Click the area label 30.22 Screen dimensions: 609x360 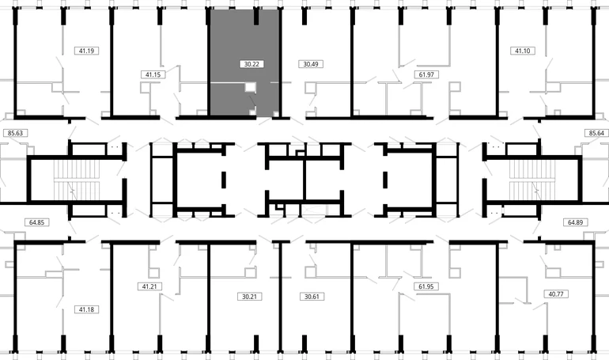coord(252,64)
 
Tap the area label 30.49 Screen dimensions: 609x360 coord(311,64)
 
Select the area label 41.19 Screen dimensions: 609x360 coord(86,51)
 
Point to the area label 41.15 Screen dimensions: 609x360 coord(153,74)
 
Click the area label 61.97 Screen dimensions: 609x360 coord(426,74)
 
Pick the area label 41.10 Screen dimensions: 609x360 coord(522,51)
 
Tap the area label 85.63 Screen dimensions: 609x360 coord(15,133)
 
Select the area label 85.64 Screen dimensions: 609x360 coord(596,133)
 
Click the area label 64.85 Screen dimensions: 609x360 coord(36,222)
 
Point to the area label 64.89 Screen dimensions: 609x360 coord(575,222)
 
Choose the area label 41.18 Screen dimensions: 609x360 coord(86,309)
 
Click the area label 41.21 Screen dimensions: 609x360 coord(149,286)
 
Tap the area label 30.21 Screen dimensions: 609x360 coord(249,297)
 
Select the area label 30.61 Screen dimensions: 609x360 coord(312,297)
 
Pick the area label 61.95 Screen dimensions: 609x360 coord(426,286)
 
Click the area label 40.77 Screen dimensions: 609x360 coord(556,294)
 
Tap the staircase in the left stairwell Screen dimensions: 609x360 coord(77,180)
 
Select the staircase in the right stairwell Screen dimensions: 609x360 coord(532,180)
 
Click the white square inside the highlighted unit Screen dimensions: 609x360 coord(251,87)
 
